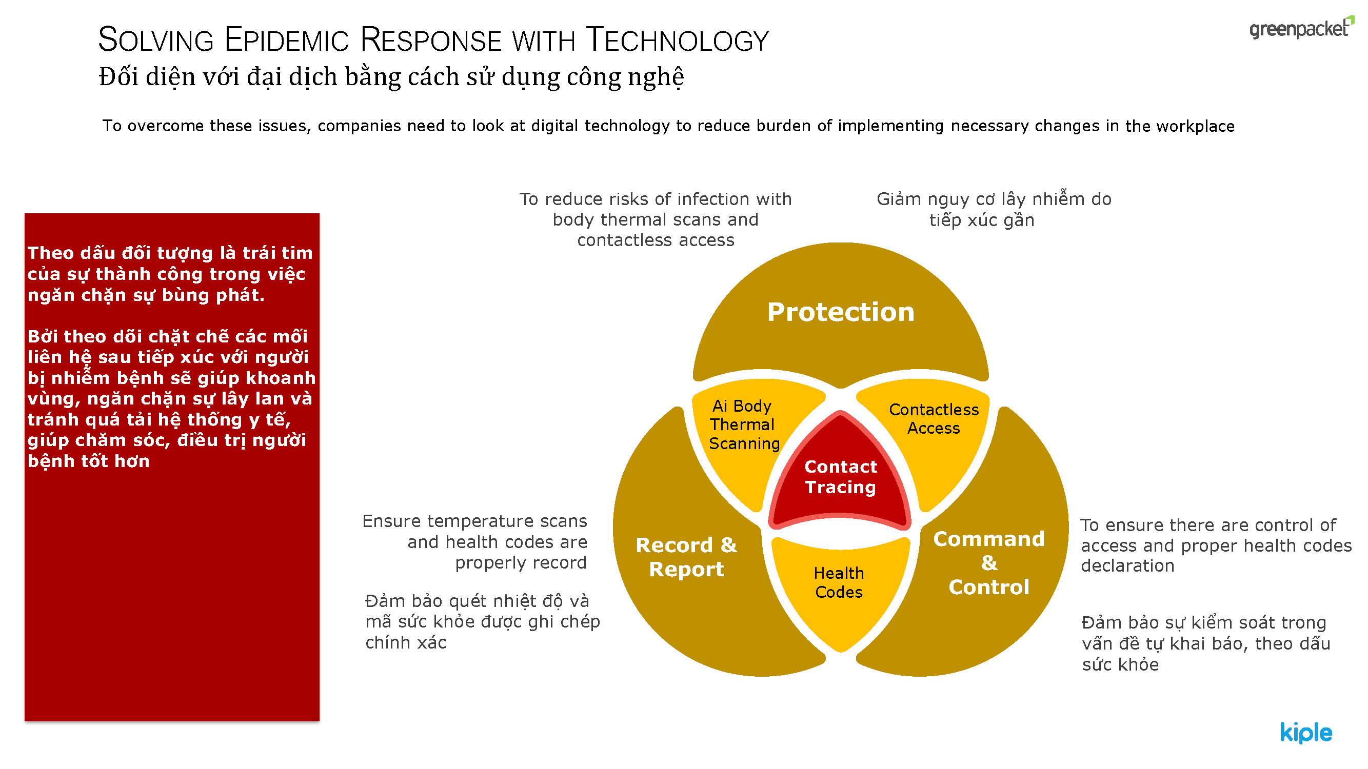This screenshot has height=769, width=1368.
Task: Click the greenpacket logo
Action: click(x=1301, y=28)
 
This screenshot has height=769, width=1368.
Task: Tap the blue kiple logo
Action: click(x=1306, y=733)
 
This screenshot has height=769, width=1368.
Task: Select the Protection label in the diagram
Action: click(x=841, y=312)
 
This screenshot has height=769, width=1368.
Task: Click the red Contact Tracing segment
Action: click(x=840, y=472)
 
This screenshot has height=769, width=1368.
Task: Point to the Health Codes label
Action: click(x=839, y=582)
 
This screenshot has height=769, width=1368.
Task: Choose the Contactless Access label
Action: click(x=934, y=419)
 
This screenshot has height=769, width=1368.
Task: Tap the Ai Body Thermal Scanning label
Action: click(x=744, y=424)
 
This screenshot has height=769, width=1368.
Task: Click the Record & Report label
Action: click(x=686, y=557)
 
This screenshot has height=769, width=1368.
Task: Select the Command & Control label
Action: click(x=989, y=563)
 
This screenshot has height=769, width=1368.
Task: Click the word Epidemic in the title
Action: click(x=287, y=40)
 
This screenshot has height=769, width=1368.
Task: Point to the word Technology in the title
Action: click(x=677, y=40)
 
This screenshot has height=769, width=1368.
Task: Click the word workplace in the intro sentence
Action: click(x=1195, y=126)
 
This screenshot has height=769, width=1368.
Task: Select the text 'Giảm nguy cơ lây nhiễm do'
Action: click(x=994, y=199)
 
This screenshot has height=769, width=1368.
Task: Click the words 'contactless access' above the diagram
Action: click(x=656, y=240)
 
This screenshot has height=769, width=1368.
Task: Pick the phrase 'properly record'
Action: click(x=521, y=563)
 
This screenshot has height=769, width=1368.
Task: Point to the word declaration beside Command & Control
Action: click(x=1127, y=566)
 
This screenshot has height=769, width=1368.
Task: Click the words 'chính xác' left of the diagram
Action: click(x=406, y=643)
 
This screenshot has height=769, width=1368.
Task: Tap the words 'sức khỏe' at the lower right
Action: click(x=1121, y=664)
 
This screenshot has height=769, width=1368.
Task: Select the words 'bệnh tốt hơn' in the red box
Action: click(x=89, y=461)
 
